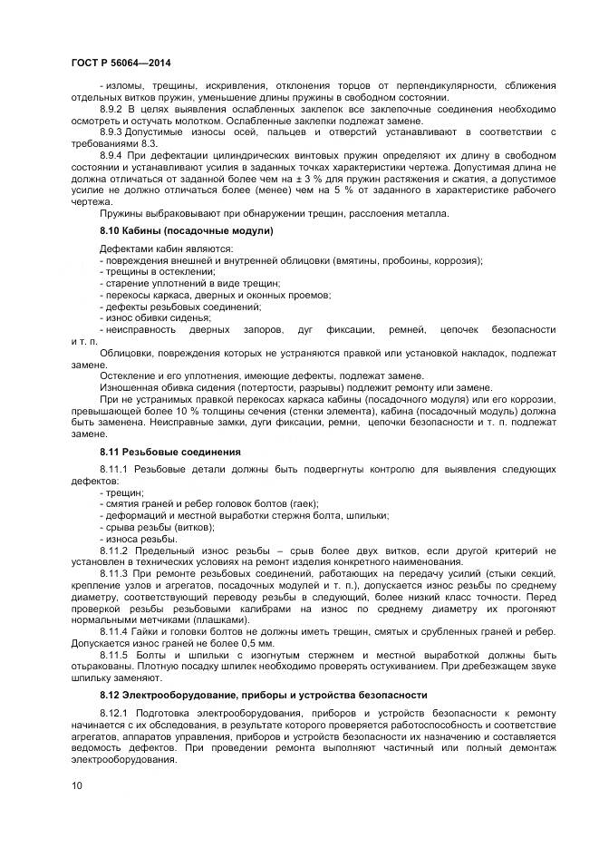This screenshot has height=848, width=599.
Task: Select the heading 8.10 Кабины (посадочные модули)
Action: pos(187,231)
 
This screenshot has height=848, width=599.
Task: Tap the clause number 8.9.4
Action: pos(113,156)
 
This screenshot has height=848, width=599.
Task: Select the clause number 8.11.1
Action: pos(116,468)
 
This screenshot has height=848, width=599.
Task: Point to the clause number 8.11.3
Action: pos(116,574)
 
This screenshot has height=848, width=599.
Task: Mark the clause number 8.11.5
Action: pos(116,654)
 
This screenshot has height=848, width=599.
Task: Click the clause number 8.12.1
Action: pos(116,714)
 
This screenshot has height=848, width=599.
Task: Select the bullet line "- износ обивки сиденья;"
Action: pos(155,318)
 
